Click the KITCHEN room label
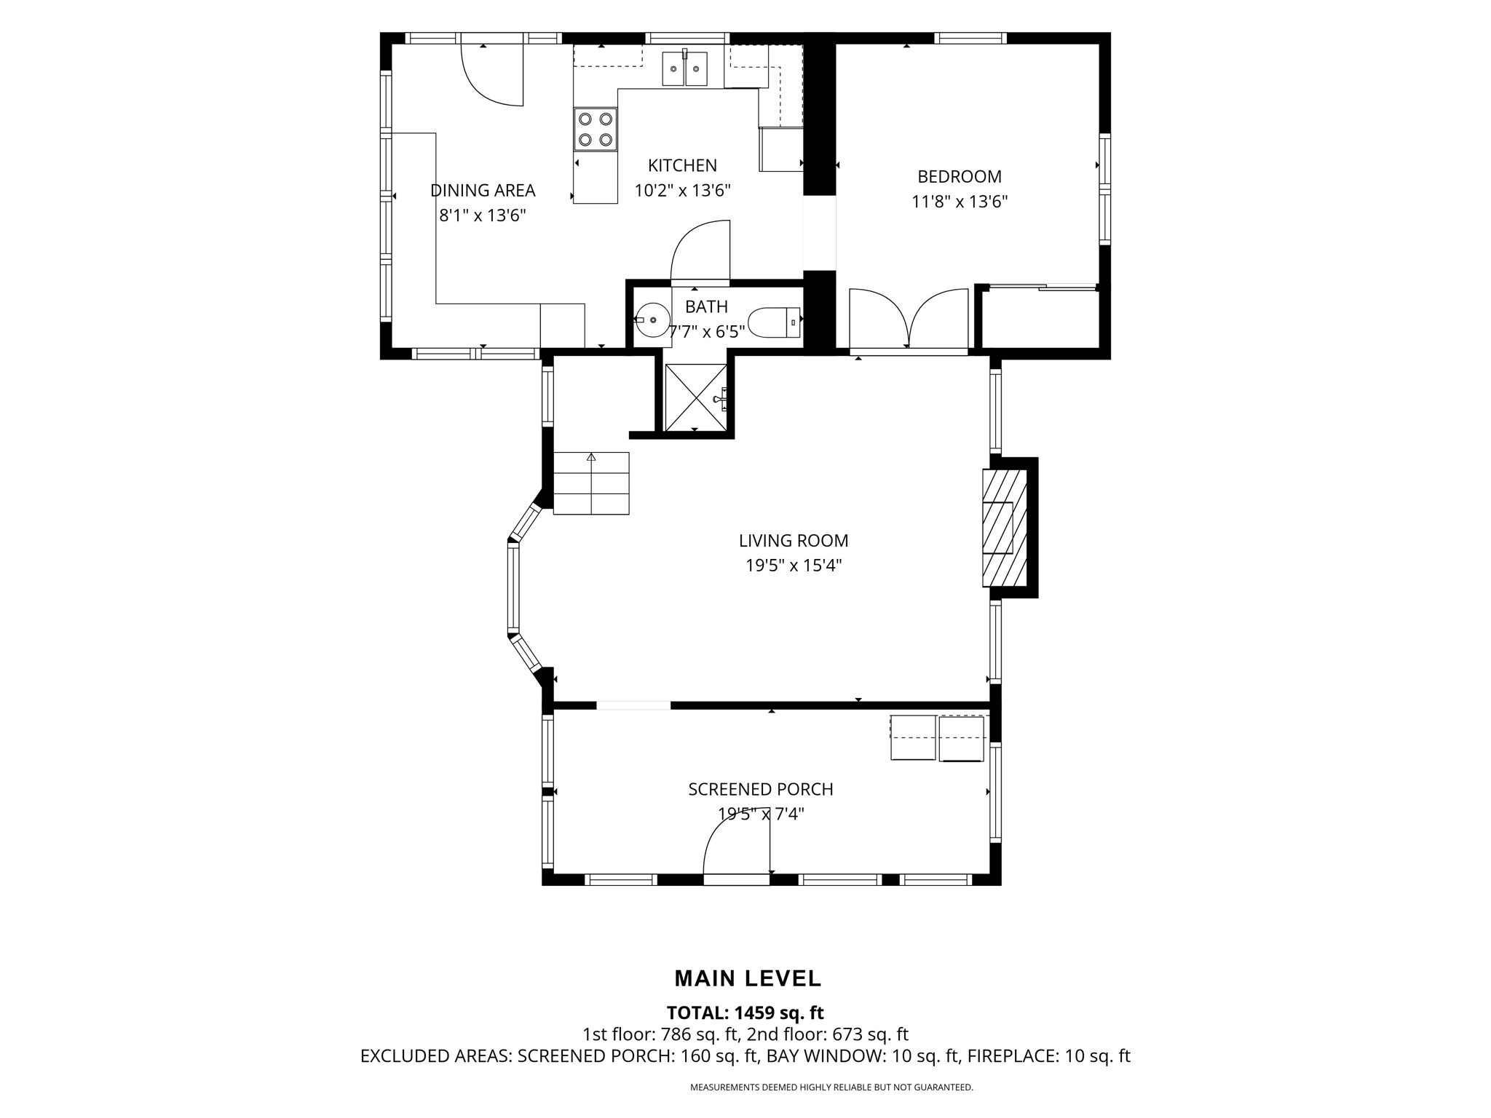coord(682,165)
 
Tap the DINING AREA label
coord(483,191)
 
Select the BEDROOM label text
coord(960,177)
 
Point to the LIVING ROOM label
coord(794,541)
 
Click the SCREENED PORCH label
coord(761,789)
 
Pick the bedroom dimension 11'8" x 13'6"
coord(960,202)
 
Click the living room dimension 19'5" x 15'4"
coord(794,566)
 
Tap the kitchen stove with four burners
coord(596,130)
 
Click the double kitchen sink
coord(684,68)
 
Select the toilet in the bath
coord(775,322)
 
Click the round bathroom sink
coord(652,319)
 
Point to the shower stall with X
coord(696,397)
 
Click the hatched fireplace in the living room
coord(1005,528)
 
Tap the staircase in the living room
coord(591,483)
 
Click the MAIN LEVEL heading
coord(748,979)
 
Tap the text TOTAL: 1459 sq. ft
coord(745,1012)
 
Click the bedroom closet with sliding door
coord(1038,317)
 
